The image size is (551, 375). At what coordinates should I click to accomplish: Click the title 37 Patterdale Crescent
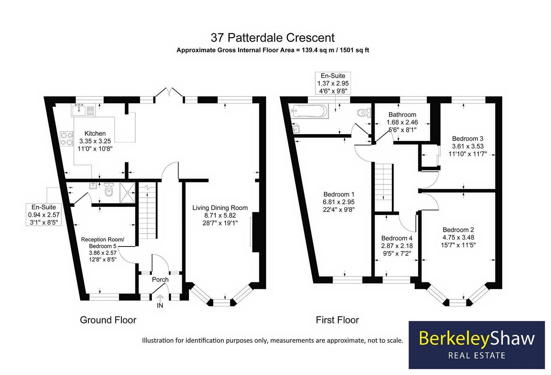click(x=273, y=37)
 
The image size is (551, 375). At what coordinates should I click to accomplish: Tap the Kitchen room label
click(x=95, y=133)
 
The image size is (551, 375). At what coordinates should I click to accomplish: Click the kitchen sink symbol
click(x=79, y=110)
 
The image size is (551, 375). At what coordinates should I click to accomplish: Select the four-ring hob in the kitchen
click(x=67, y=138)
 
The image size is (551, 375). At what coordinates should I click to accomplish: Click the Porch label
click(x=160, y=280)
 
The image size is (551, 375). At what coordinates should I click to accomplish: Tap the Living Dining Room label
click(x=220, y=208)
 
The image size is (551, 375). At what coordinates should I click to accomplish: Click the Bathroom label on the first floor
click(x=402, y=115)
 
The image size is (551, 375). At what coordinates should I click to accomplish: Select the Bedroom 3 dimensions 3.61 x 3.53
click(x=468, y=146)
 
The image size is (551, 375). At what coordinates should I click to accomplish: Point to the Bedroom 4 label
click(x=397, y=238)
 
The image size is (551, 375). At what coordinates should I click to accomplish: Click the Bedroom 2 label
click(x=458, y=230)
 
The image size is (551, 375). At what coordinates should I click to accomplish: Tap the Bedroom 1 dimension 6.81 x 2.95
click(x=338, y=202)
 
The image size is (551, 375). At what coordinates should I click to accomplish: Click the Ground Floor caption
click(x=108, y=320)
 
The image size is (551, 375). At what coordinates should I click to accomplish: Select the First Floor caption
click(x=337, y=320)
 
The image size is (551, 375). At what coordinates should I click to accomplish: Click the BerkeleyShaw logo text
click(x=477, y=338)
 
